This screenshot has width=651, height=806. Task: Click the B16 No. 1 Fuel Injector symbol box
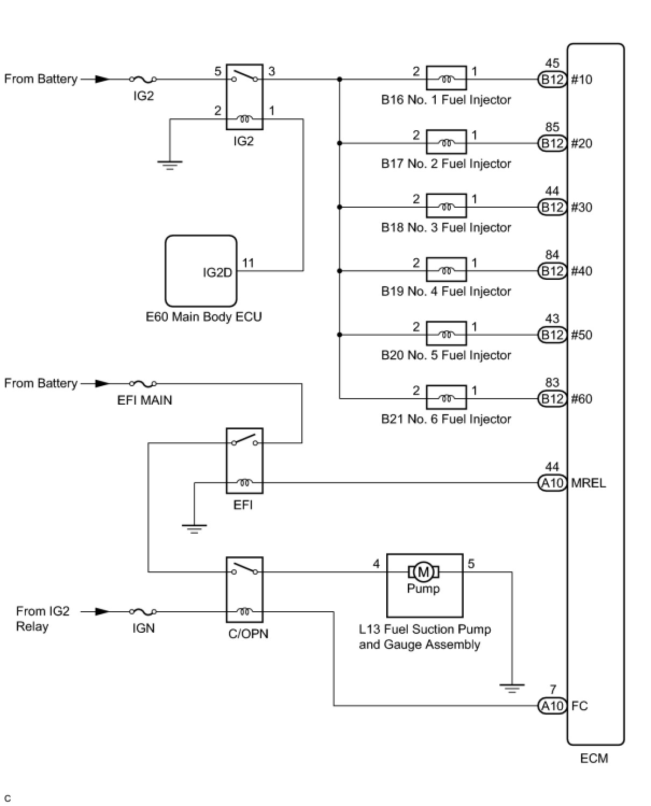click(446, 78)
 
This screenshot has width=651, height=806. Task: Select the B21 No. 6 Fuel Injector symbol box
click(446, 397)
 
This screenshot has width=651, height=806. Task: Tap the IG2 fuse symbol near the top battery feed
click(143, 79)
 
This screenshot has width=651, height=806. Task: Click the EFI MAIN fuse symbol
click(143, 384)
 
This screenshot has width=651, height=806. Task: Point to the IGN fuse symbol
click(143, 612)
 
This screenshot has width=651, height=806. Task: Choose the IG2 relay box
click(244, 97)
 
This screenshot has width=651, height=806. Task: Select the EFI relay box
click(244, 461)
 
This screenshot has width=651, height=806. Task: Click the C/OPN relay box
click(244, 590)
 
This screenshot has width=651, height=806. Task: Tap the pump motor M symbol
click(423, 572)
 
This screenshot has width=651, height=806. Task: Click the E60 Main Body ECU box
click(201, 271)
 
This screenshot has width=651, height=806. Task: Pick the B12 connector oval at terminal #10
click(552, 80)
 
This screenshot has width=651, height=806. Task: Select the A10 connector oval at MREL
click(552, 483)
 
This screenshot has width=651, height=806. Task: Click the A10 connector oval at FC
click(552, 706)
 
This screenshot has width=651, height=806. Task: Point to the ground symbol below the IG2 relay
click(170, 165)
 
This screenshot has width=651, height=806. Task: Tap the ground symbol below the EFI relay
click(194, 528)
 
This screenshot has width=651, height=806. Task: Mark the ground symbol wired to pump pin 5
click(512, 688)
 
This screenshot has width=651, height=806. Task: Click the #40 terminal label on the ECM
click(582, 271)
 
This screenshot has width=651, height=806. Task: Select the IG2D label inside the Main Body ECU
click(217, 272)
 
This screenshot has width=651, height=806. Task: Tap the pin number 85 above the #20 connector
click(552, 127)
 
